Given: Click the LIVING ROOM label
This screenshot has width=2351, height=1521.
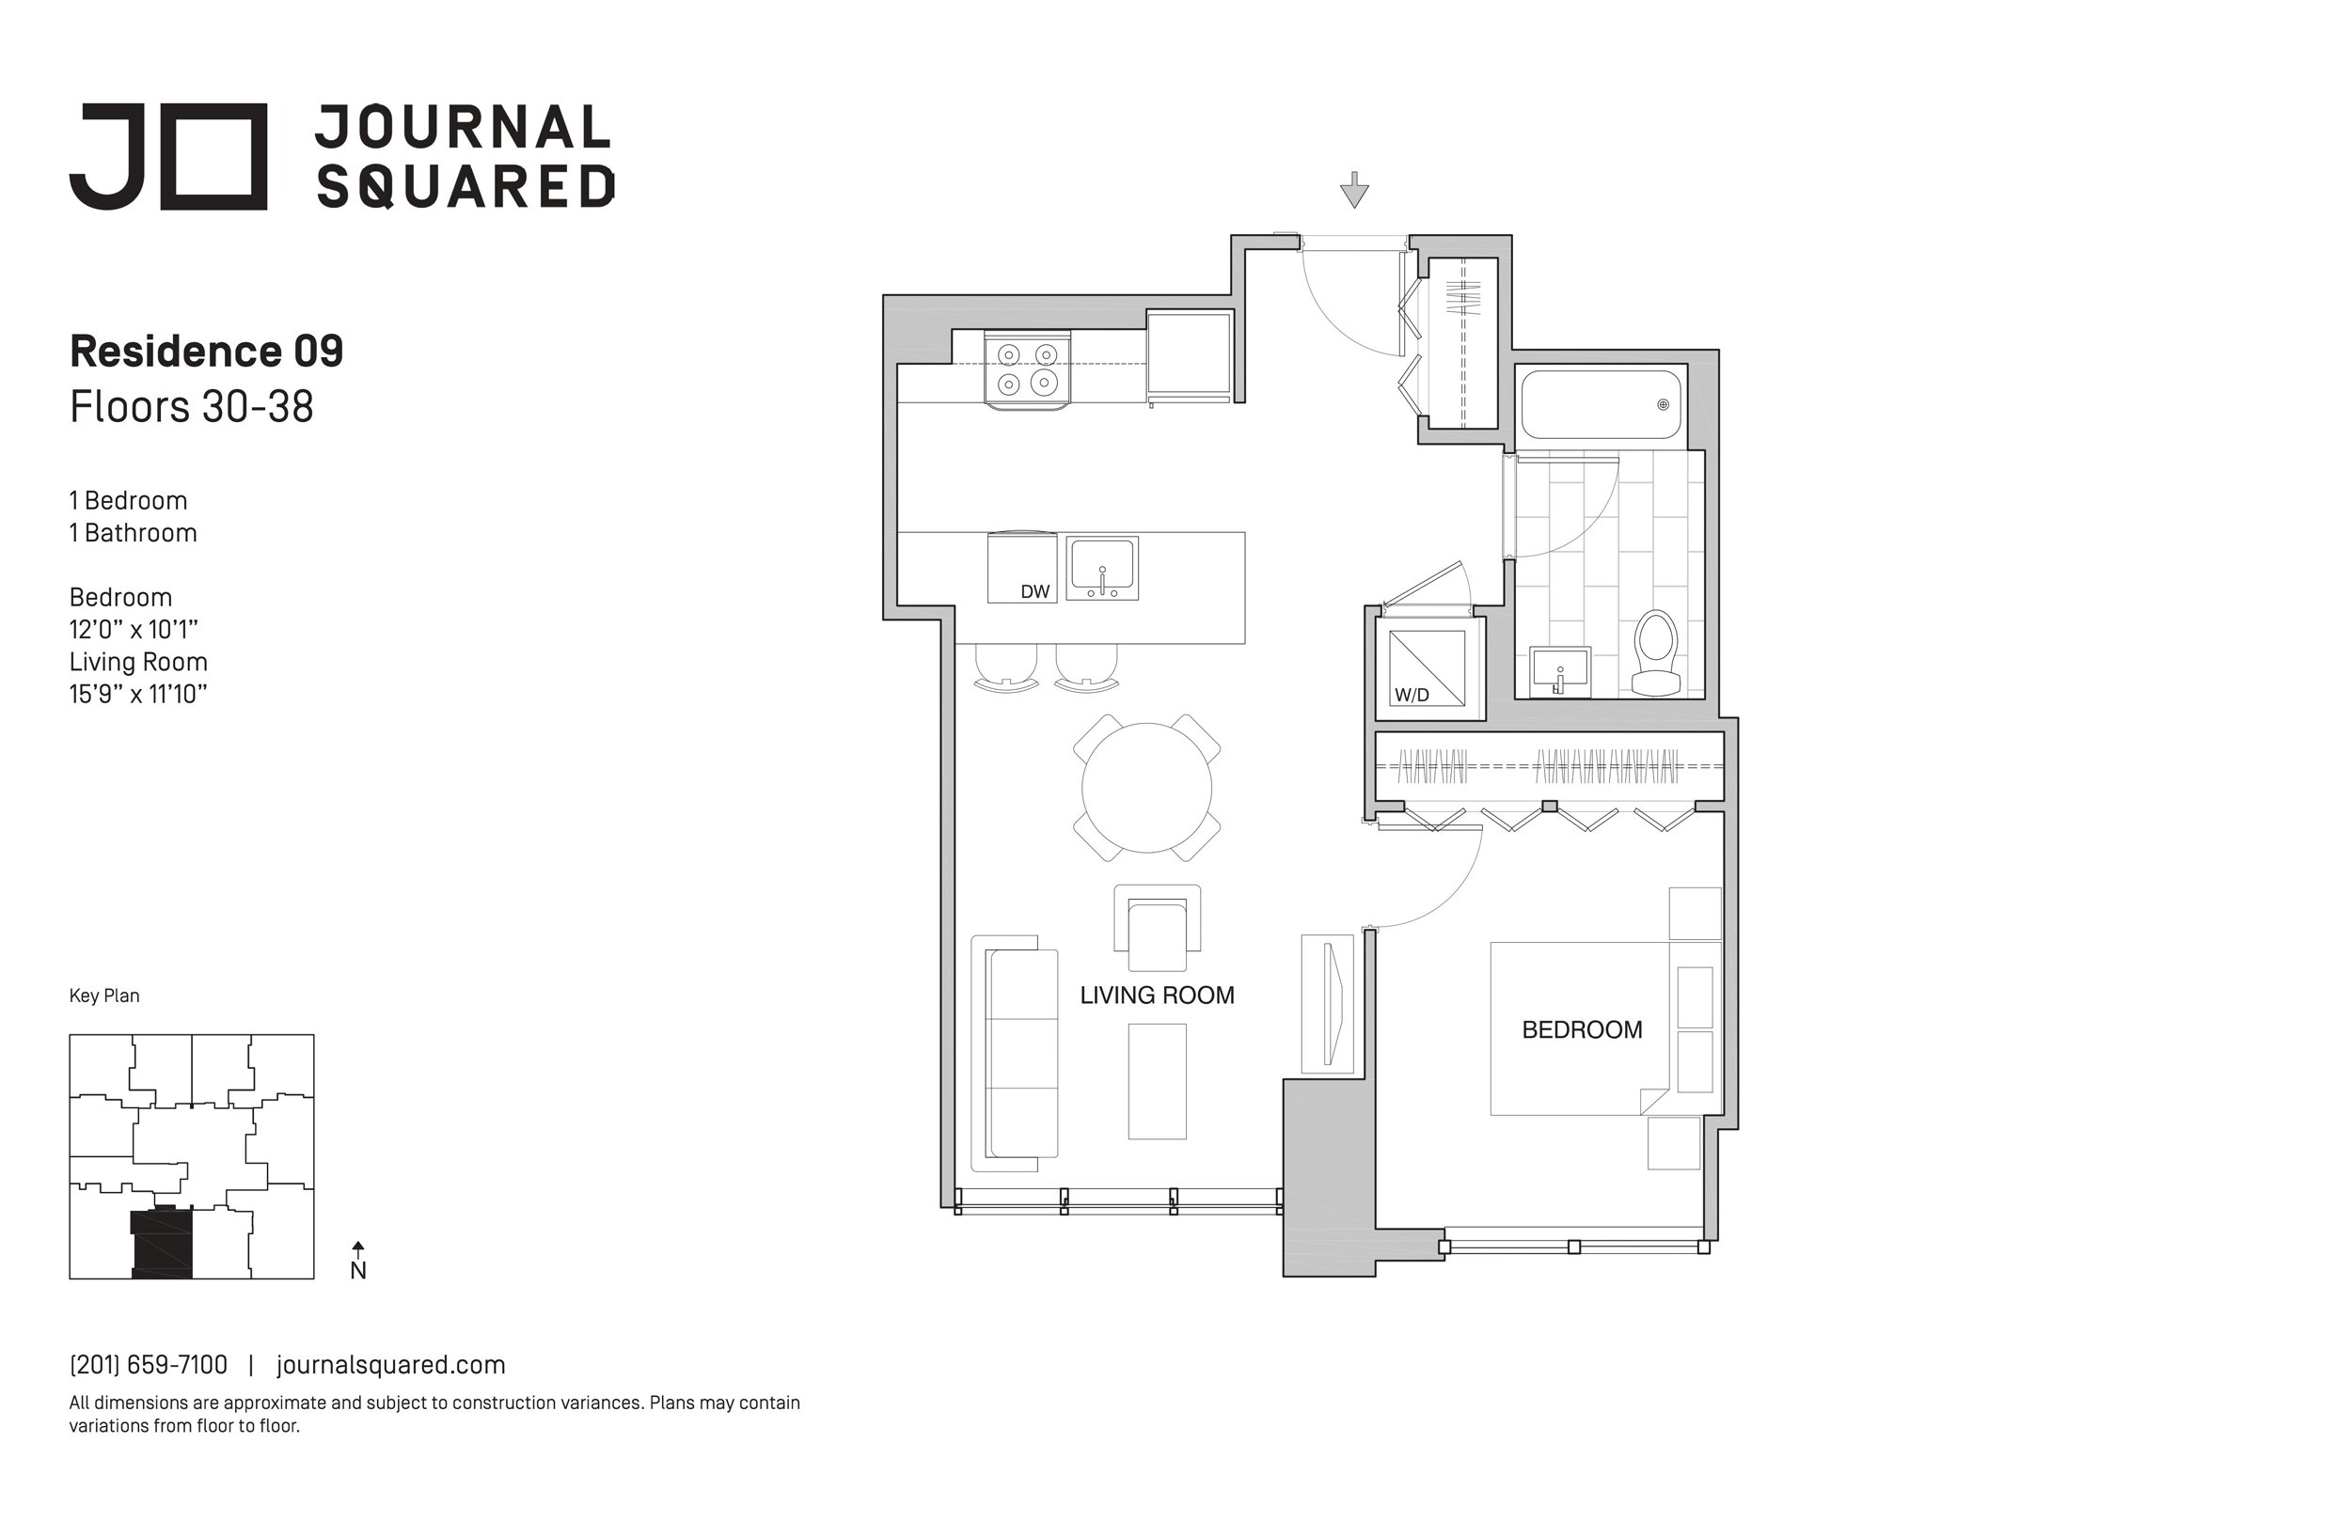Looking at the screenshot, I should click(x=1157, y=996).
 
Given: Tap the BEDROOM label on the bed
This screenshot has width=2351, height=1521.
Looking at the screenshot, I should click(x=1582, y=1030).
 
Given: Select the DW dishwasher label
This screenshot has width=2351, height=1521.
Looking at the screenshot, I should click(x=1034, y=591).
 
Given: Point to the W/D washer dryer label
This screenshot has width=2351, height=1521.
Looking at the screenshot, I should click(x=1412, y=695).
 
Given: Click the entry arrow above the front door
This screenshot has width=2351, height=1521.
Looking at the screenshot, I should click(x=1354, y=190).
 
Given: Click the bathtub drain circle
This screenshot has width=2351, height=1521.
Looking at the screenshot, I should click(x=1663, y=404).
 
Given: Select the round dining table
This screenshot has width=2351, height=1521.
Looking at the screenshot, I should click(x=1147, y=787).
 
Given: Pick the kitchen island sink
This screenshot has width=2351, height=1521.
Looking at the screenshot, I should click(x=1102, y=568).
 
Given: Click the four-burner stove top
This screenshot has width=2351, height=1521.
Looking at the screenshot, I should click(x=1027, y=368).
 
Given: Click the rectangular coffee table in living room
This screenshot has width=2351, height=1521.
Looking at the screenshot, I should click(x=1157, y=1081).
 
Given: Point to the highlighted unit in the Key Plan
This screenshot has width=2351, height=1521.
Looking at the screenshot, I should click(x=162, y=1244).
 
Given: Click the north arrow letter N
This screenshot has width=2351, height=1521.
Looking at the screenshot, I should click(x=358, y=1271).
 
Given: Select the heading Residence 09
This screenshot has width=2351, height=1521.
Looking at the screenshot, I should click(x=207, y=352).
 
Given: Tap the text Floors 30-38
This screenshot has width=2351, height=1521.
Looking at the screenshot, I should click(x=192, y=407).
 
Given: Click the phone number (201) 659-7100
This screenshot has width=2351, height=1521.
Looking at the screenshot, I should click(x=149, y=1365).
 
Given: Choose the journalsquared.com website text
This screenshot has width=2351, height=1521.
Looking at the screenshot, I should click(x=391, y=1365).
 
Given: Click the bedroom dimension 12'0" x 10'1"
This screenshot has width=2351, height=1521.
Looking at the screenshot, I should click(x=134, y=629).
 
